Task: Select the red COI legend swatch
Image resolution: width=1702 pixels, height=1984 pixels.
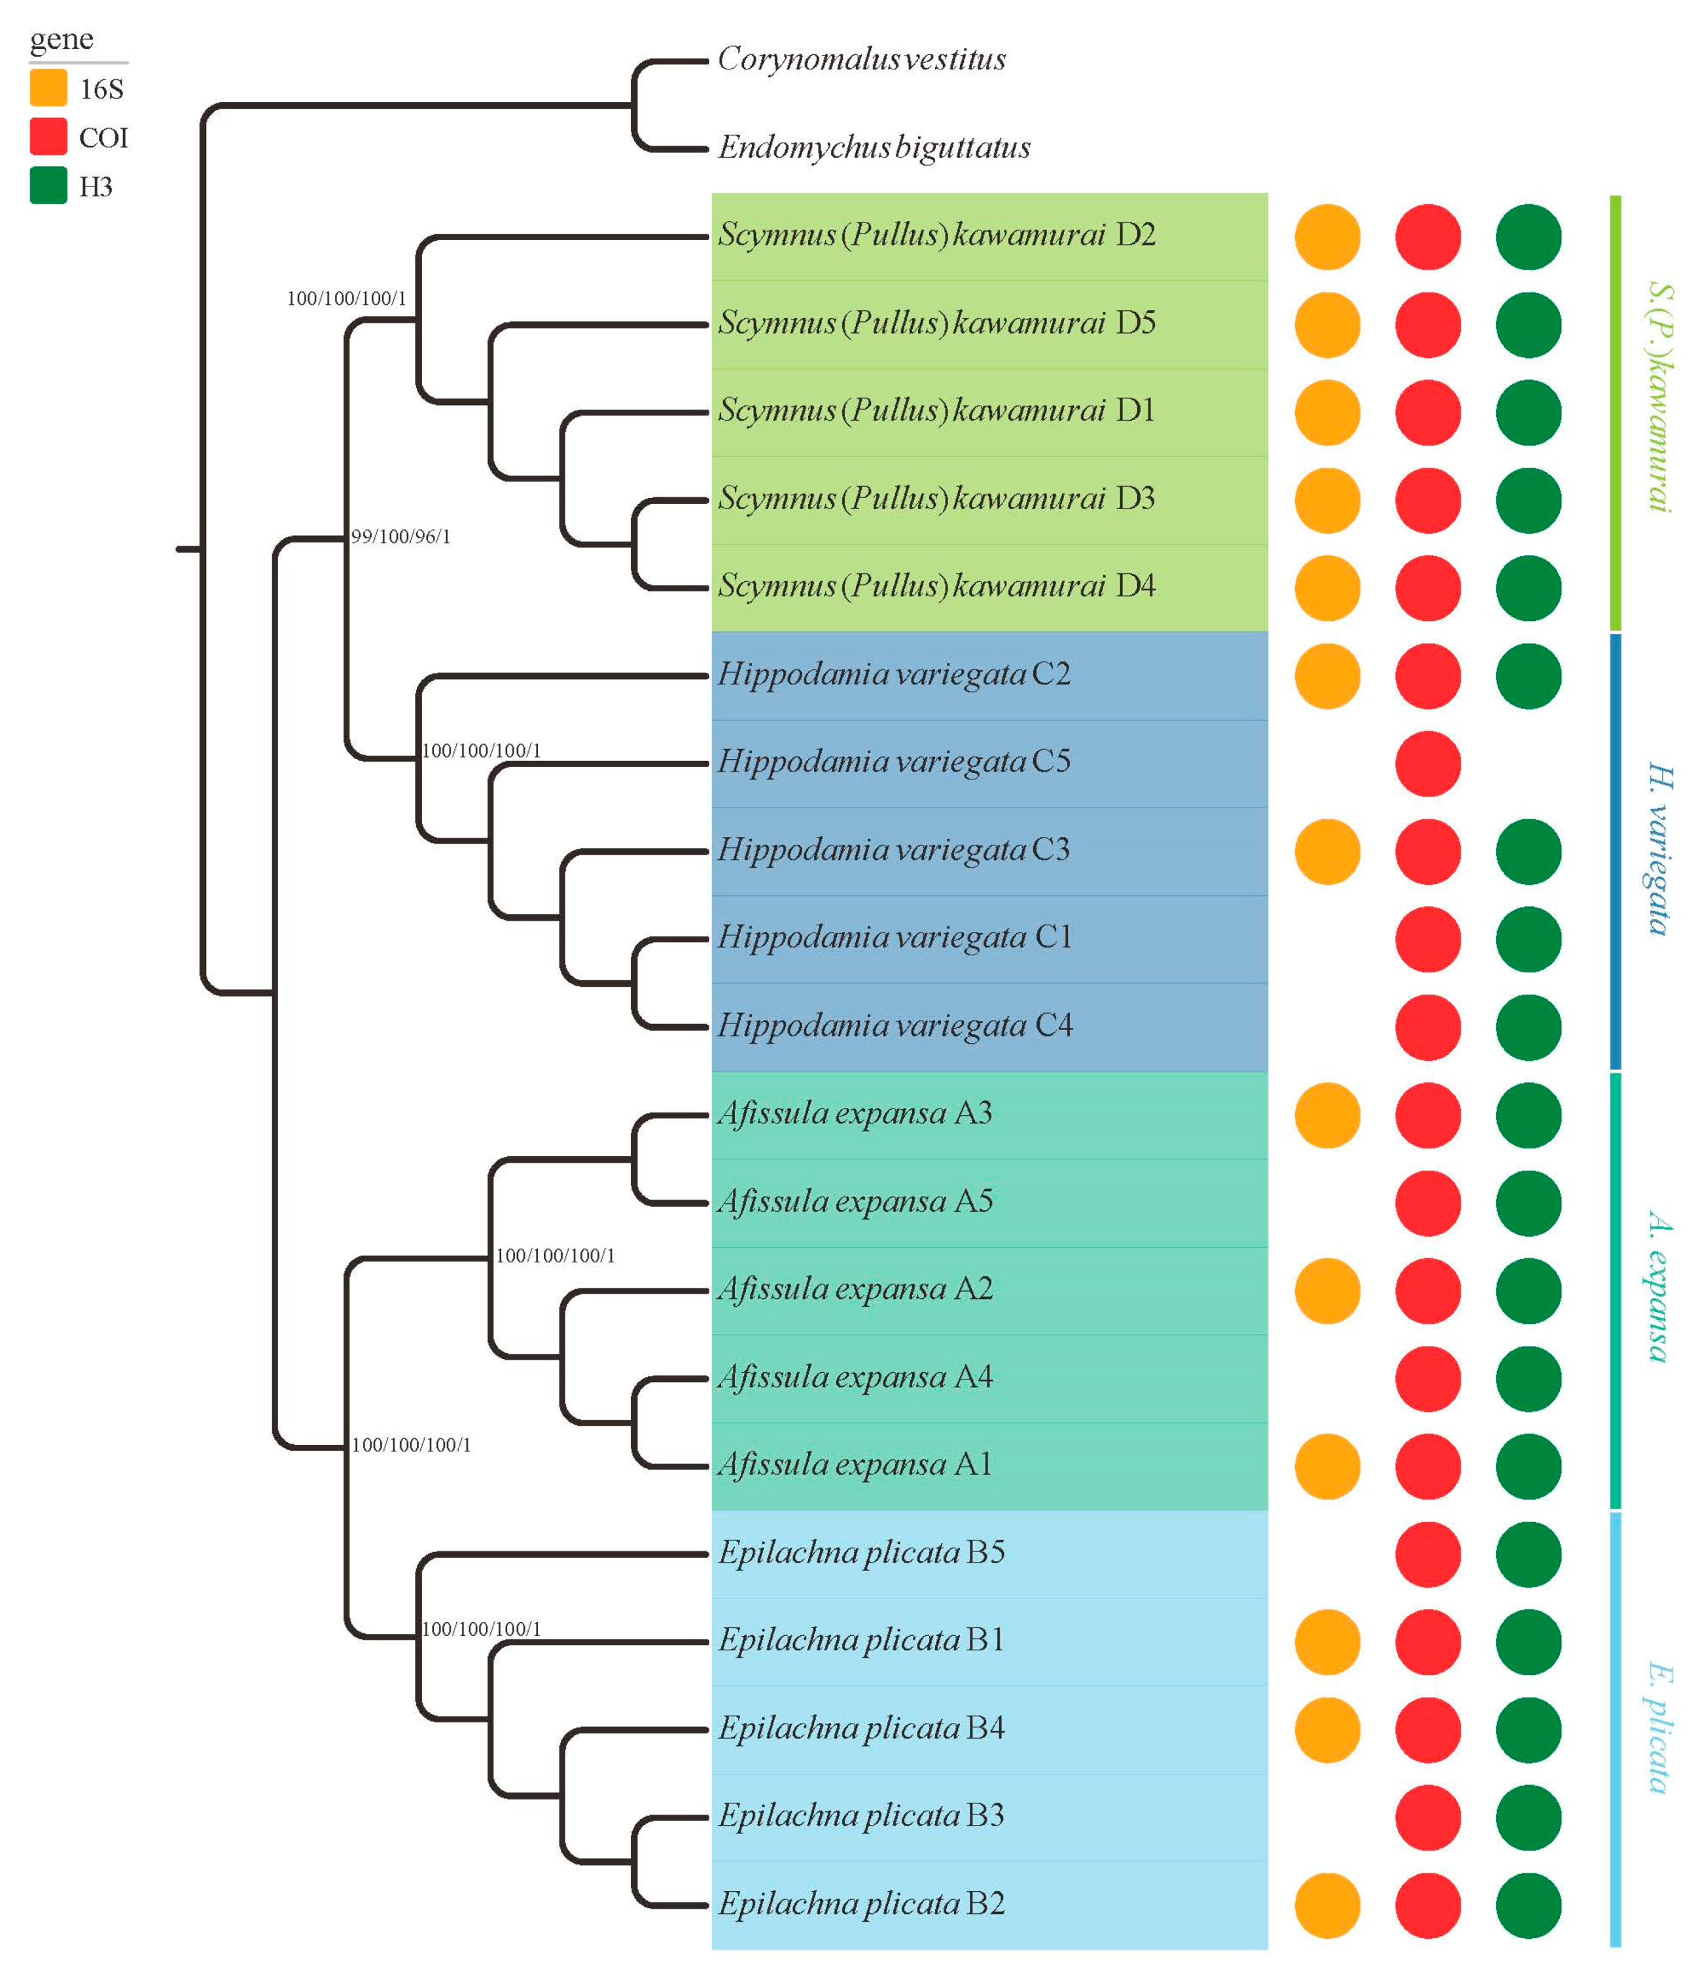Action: pyautogui.click(x=48, y=136)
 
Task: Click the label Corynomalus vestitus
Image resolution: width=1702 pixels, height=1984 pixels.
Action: pyautogui.click(x=861, y=60)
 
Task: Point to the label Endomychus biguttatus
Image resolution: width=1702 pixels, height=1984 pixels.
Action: pyautogui.click(x=874, y=147)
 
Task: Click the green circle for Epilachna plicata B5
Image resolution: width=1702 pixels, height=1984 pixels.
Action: pyautogui.click(x=1528, y=1553)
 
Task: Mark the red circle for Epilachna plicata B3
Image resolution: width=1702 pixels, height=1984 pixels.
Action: pyautogui.click(x=1427, y=1816)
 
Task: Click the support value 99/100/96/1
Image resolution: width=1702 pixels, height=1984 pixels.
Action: pyautogui.click(x=400, y=536)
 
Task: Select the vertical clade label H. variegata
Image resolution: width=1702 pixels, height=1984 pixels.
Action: pyautogui.click(x=1660, y=849)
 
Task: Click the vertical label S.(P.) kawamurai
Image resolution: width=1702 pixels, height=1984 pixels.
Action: pyautogui.click(x=1660, y=397)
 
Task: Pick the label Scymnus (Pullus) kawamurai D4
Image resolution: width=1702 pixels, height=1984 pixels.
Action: pyautogui.click(x=937, y=586)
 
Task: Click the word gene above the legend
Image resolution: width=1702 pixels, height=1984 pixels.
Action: pyautogui.click(x=62, y=39)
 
